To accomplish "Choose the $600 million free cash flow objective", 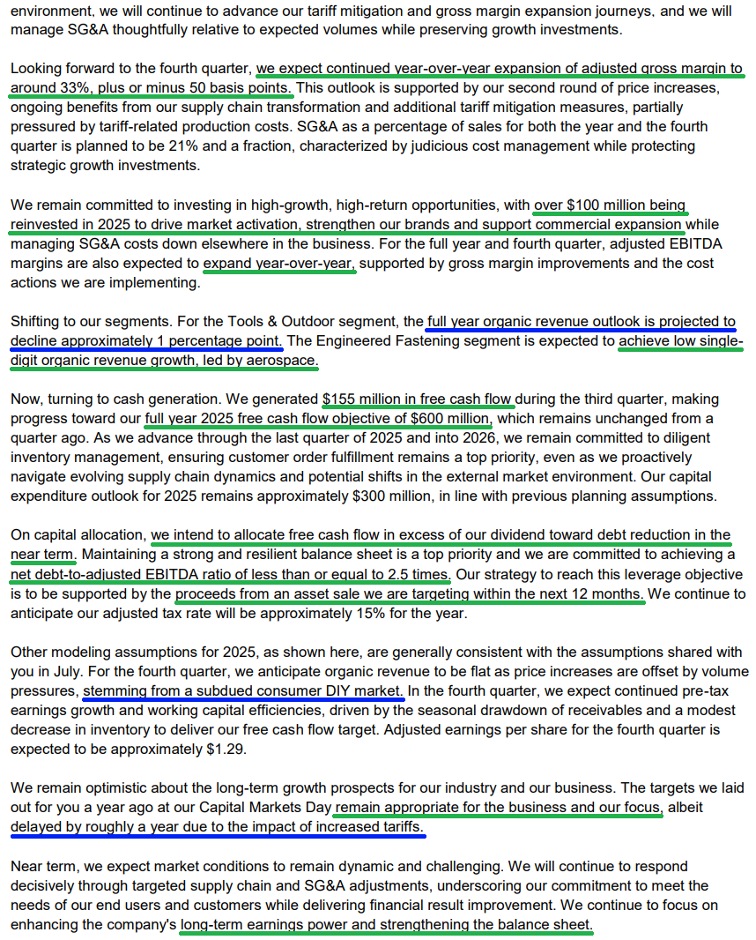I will point(449,418).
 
